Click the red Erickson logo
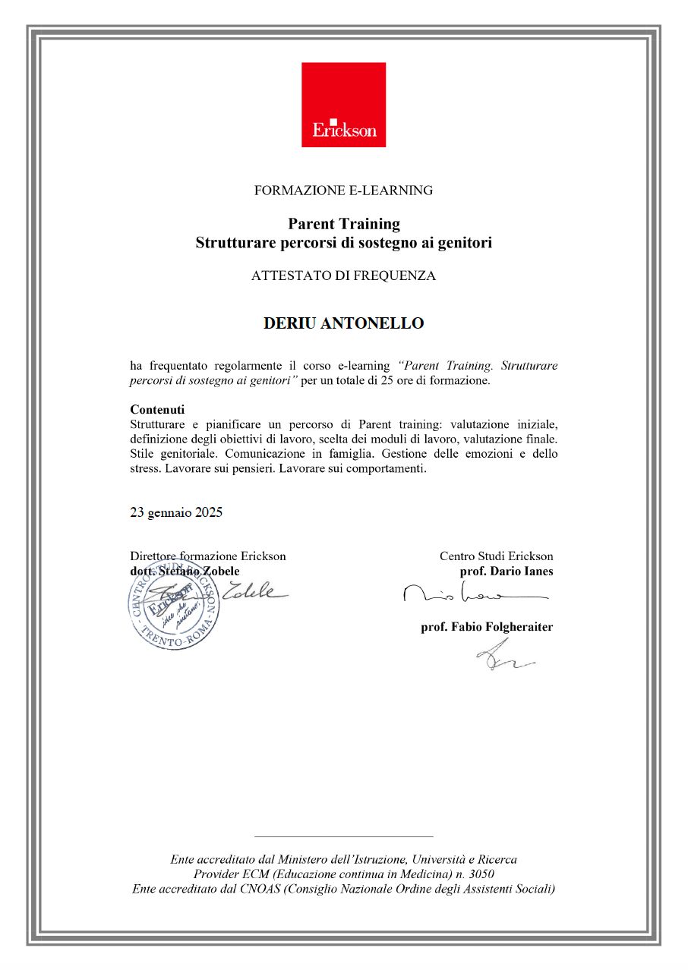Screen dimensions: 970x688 (343, 105)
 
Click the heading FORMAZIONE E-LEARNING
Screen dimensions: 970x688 (343, 191)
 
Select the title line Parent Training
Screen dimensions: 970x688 (343, 224)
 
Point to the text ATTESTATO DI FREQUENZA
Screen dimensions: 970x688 (343, 276)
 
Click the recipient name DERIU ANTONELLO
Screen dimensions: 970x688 (343, 323)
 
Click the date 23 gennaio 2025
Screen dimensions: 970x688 (176, 512)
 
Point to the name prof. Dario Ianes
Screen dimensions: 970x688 (507, 571)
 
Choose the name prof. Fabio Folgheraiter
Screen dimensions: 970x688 (487, 627)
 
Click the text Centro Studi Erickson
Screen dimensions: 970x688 (497, 556)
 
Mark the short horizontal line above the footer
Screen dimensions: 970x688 (343, 836)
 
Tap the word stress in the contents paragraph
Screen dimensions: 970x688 (145, 468)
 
